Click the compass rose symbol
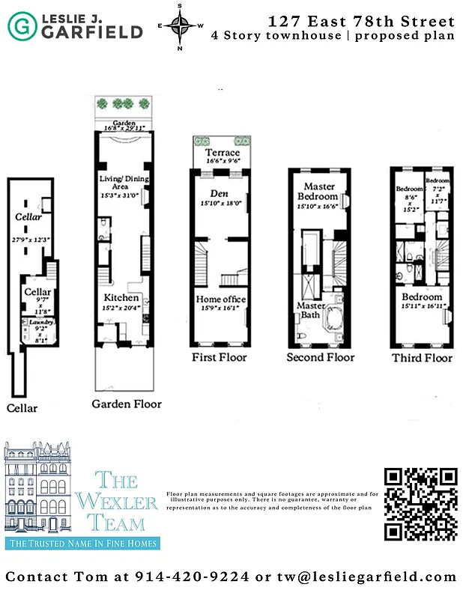(x=179, y=26)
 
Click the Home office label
(x=221, y=299)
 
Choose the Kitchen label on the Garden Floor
(x=121, y=297)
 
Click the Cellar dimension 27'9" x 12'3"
(x=28, y=239)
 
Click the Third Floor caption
(x=422, y=358)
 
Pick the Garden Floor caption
(x=127, y=404)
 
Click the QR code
(x=420, y=504)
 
